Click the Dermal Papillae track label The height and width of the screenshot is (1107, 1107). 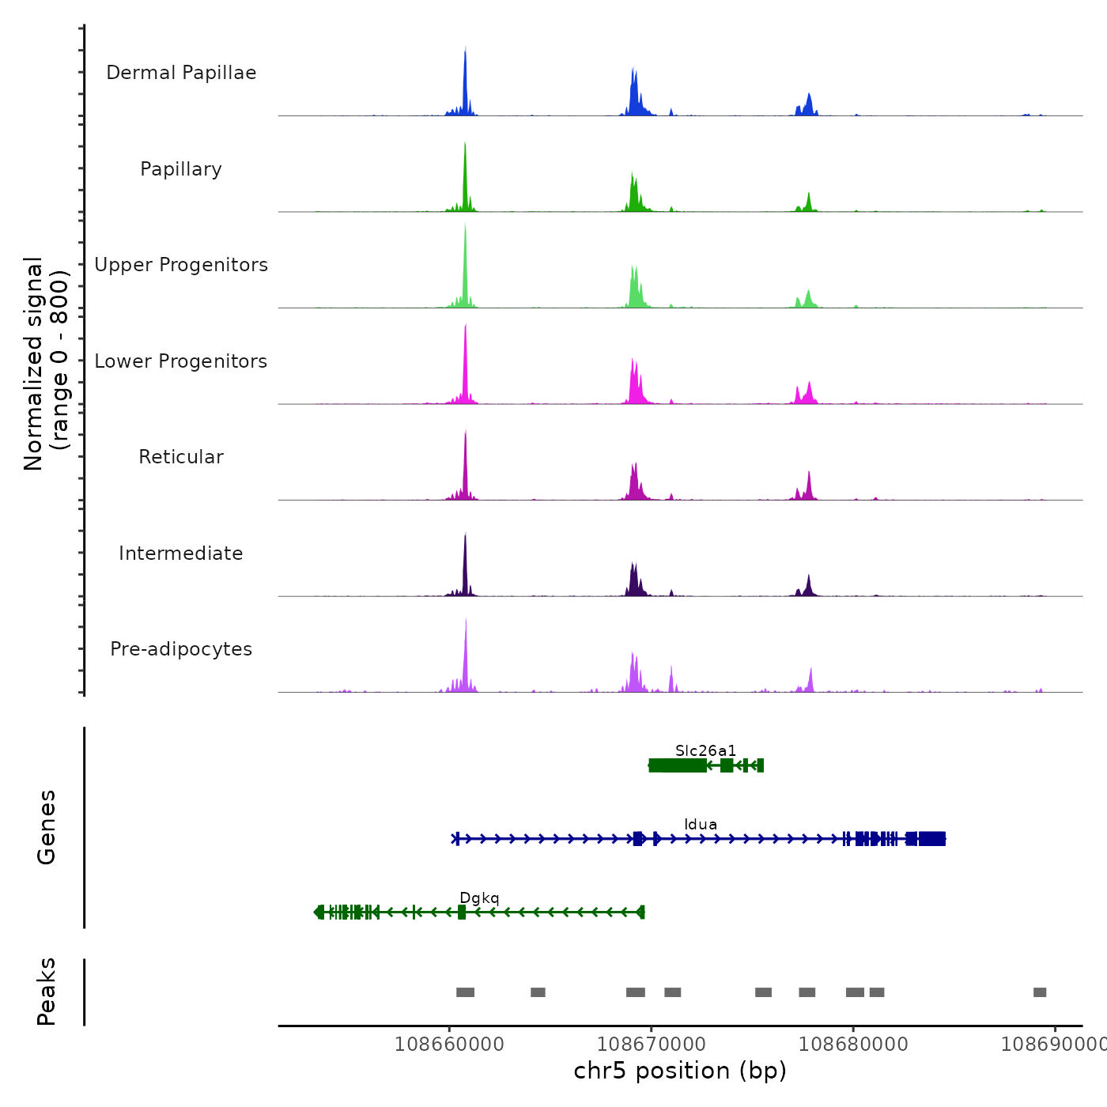pos(181,73)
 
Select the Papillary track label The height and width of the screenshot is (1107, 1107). pos(181,169)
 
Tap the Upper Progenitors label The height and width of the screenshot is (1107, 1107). pos(181,265)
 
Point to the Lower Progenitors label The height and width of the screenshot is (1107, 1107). pos(181,361)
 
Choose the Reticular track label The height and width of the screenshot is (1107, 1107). pos(181,457)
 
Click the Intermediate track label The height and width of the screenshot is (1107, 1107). pos(181,553)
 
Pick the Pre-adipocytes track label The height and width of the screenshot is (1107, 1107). pos(181,649)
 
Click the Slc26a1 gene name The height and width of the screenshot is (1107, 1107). pos(705,750)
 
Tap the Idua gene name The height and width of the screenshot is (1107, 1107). pos(701,825)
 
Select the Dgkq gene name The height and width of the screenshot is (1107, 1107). pos(479,898)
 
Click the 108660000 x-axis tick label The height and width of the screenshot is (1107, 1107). pos(449,1045)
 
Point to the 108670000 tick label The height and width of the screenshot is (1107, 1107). pos(652,1045)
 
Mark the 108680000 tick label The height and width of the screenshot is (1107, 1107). pos(853,1045)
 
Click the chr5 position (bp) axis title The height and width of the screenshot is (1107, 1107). pos(680,1071)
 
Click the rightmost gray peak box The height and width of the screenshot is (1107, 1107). pos(1040,992)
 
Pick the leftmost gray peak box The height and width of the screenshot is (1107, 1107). pos(465,992)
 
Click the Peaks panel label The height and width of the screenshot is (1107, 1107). pos(47,992)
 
